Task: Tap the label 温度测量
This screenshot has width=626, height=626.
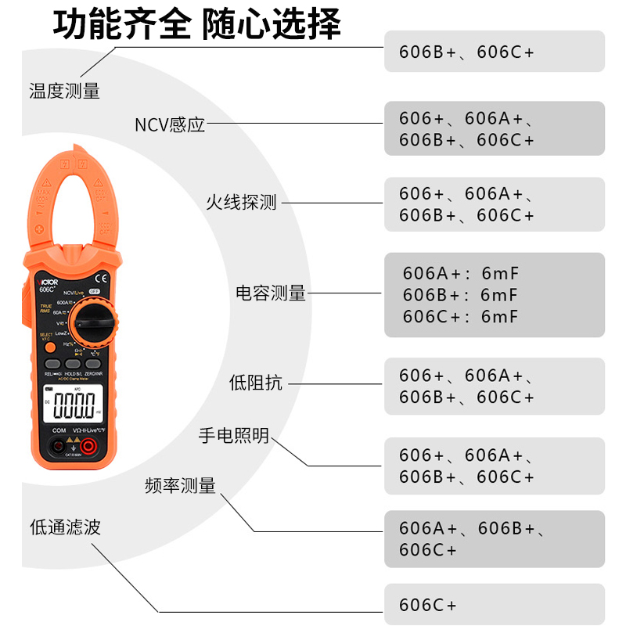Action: [64, 91]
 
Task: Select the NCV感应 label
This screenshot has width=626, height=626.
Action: [170, 124]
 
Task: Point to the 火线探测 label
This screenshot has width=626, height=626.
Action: [241, 203]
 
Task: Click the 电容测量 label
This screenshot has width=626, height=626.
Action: [271, 293]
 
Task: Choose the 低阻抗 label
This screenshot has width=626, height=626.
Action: [256, 383]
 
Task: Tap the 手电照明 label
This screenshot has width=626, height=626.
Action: [234, 436]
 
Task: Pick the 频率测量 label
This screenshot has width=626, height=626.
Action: [181, 486]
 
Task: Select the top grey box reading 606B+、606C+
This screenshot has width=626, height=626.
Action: [494, 52]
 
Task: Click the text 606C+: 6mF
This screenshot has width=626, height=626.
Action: [461, 317]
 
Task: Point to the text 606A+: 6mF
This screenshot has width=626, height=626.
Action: [461, 273]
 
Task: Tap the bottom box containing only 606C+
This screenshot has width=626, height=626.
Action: [494, 604]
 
